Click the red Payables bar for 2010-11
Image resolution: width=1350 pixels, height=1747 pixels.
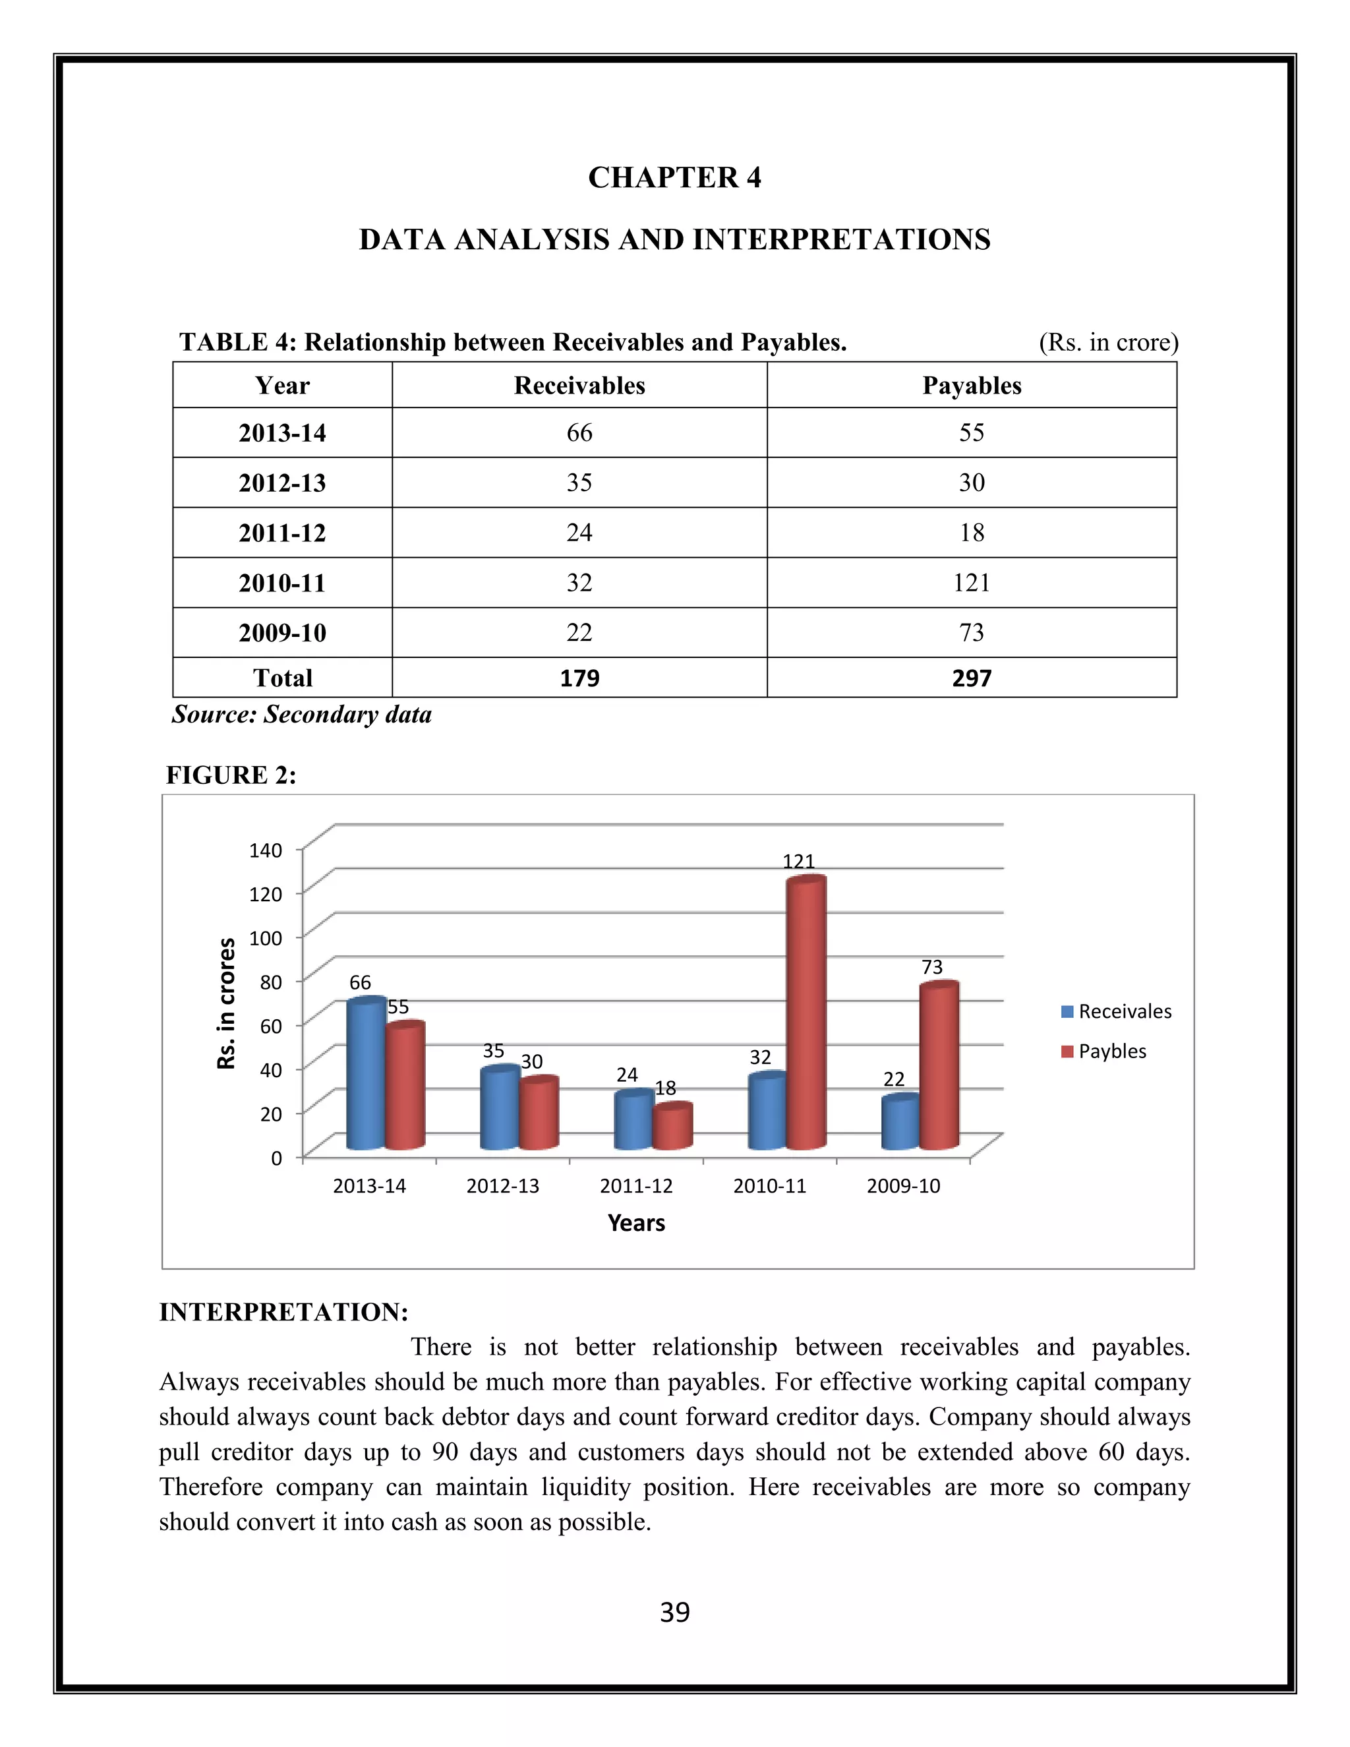806,1016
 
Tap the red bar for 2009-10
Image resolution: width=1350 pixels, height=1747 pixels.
939,1068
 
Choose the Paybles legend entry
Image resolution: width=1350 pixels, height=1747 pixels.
1105,1052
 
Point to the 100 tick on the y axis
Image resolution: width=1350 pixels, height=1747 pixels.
266,937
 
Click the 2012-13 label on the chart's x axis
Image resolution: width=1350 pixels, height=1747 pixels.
503,1186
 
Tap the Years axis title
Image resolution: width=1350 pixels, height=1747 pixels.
637,1223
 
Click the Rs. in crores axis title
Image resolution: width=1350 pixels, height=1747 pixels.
227,1004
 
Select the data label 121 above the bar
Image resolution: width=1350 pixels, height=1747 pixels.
798,862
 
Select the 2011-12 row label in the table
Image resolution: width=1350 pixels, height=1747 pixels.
282,533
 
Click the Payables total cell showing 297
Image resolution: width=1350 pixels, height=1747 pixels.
972,678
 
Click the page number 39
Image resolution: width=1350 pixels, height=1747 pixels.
675,1613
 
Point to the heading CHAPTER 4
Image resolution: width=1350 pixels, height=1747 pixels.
675,177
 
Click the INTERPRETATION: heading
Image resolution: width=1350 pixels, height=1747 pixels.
284,1313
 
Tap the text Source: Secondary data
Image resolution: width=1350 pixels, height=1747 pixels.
301,715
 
